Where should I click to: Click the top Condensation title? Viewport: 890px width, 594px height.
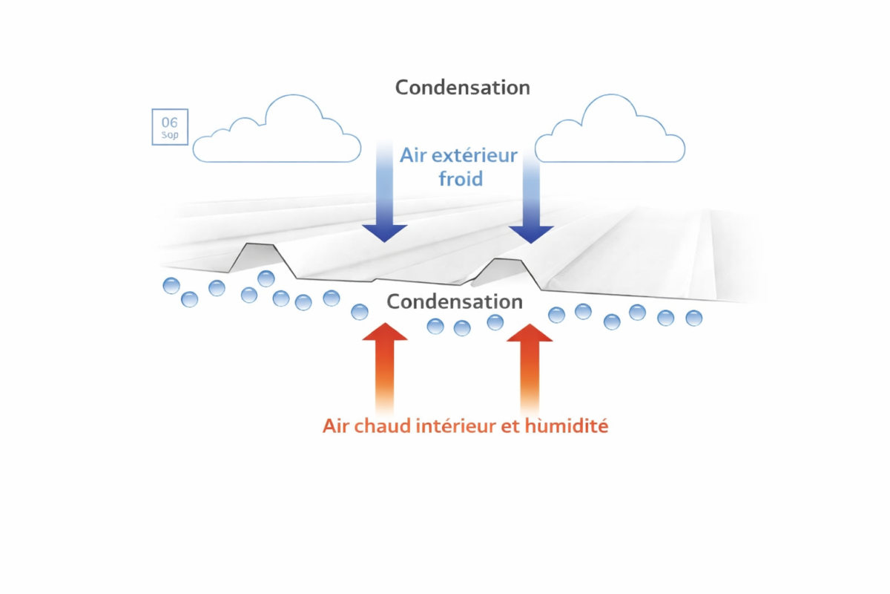(x=462, y=87)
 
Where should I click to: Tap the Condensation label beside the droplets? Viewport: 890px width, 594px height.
(x=455, y=302)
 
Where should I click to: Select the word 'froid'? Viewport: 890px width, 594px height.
(x=461, y=179)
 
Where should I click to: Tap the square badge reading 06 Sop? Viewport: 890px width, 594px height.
(x=170, y=127)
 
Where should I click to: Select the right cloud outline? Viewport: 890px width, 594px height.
(x=610, y=134)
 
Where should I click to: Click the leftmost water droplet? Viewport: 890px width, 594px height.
(x=171, y=285)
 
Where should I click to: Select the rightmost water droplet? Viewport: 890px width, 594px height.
(x=693, y=319)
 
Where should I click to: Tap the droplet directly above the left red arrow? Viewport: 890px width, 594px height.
(x=360, y=312)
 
